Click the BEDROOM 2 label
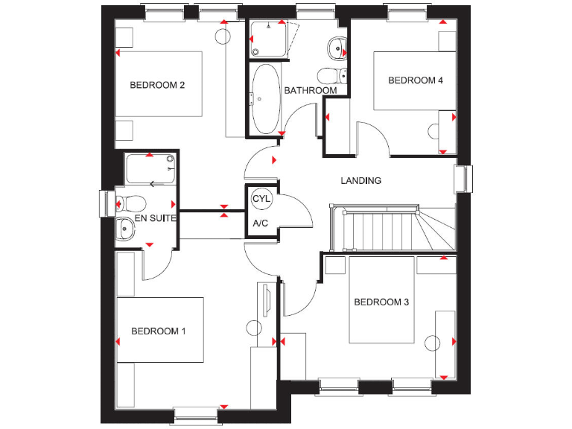[x=157, y=85]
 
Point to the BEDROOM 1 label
[x=159, y=331]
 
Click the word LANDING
[x=360, y=181]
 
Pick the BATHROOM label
[x=311, y=91]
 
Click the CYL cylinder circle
[x=261, y=200]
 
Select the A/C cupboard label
[x=260, y=223]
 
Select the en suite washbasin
[x=124, y=231]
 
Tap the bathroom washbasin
[x=337, y=48]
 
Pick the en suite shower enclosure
[x=150, y=171]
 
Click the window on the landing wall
[x=463, y=179]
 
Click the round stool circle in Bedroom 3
[x=433, y=343]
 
